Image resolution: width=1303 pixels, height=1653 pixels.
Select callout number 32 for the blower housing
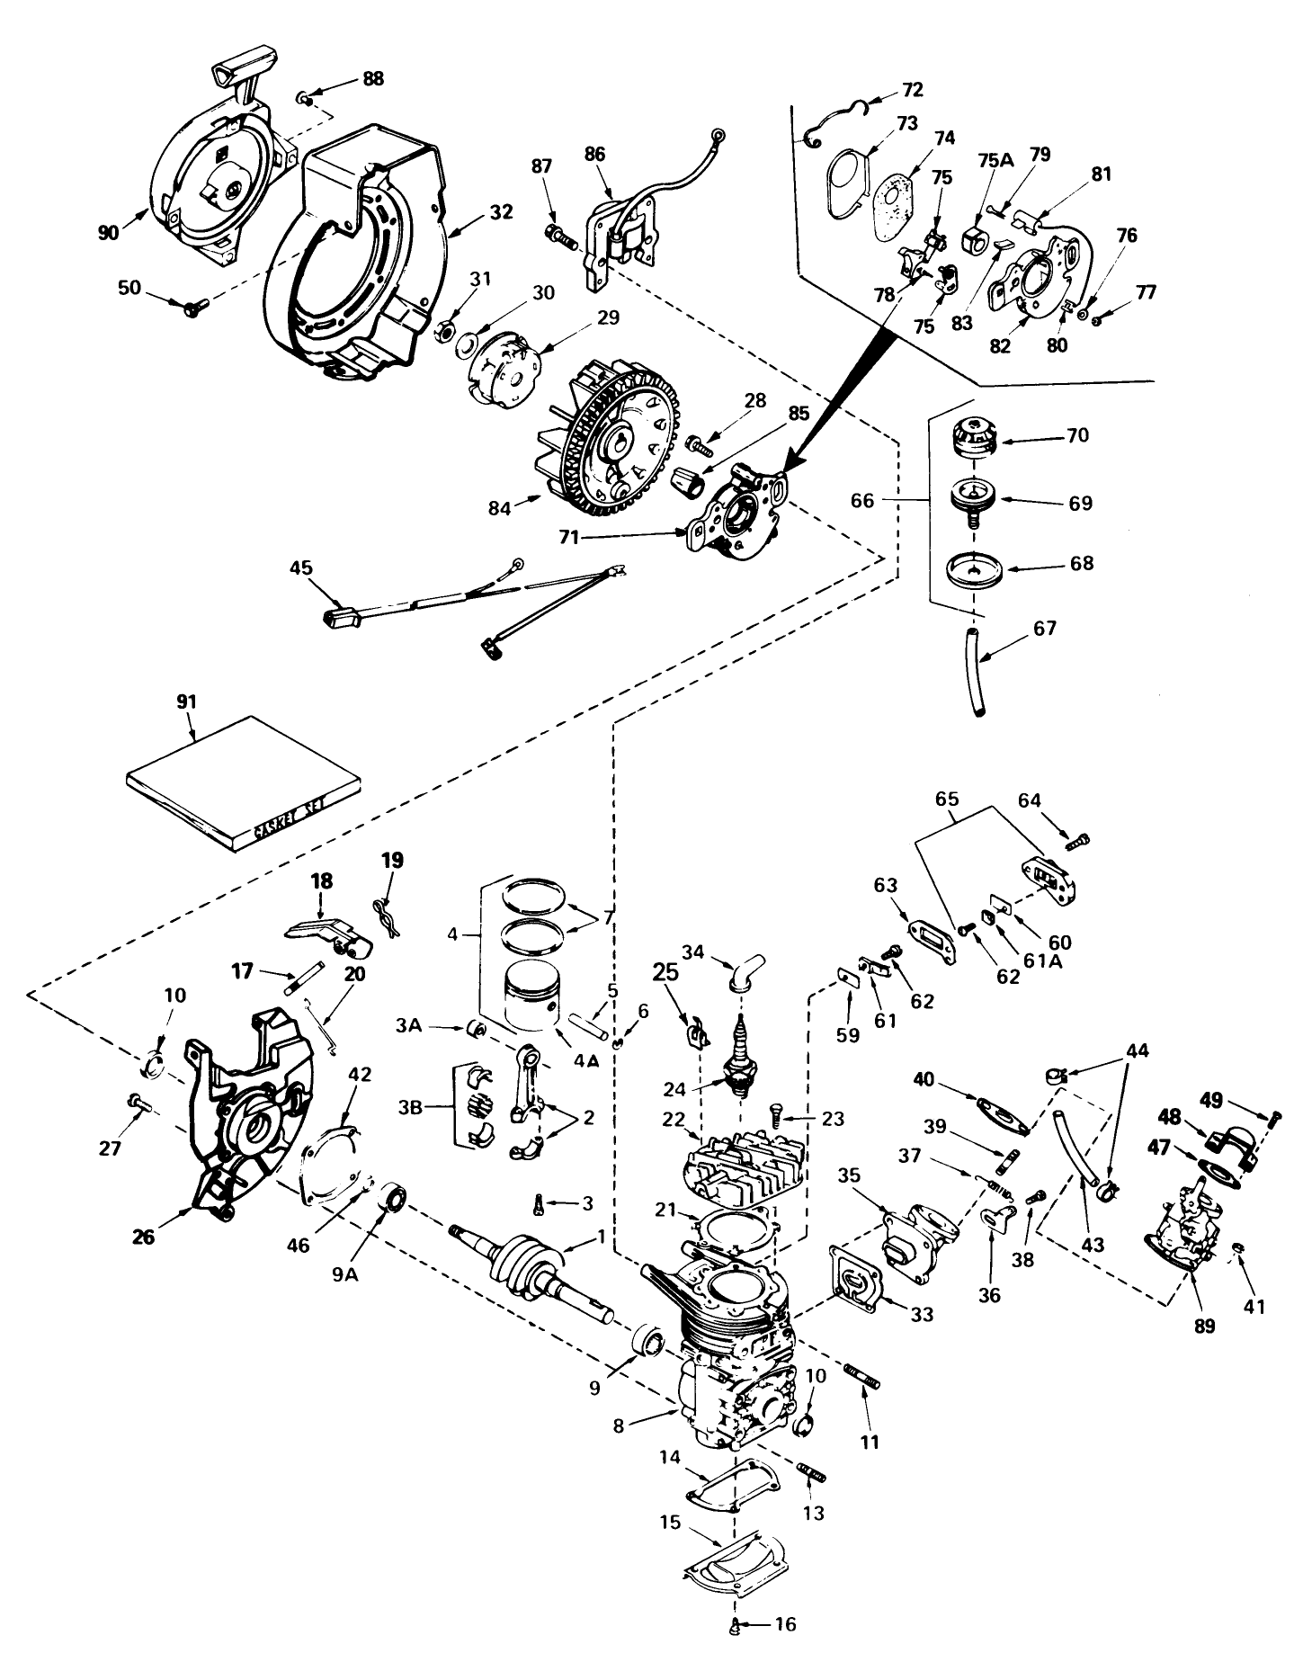502,212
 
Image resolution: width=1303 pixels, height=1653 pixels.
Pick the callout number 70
1077,434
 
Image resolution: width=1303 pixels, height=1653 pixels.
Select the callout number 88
373,78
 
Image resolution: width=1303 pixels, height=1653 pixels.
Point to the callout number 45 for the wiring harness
300,567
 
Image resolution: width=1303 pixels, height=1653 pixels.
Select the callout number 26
142,1237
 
